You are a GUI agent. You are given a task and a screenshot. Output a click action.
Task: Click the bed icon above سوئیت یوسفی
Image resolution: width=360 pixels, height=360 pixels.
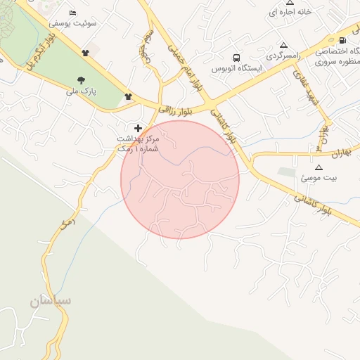click(x=73, y=13)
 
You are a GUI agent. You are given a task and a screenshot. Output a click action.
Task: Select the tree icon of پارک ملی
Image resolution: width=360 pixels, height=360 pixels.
click(x=82, y=80)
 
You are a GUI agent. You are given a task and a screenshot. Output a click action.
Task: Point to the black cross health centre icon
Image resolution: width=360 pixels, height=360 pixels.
click(x=138, y=128)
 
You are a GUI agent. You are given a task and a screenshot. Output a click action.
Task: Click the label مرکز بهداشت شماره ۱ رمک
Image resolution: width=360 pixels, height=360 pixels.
click(x=138, y=143)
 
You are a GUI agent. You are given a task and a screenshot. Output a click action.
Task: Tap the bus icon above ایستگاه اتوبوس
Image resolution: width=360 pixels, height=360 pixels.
click(x=236, y=58)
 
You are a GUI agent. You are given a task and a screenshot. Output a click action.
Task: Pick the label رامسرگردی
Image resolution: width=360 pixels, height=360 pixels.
click(x=283, y=54)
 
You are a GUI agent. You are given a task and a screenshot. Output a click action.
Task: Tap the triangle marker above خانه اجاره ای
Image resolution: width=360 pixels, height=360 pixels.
click(x=290, y=3)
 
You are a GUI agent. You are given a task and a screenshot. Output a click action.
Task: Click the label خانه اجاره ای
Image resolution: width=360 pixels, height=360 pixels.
click(x=290, y=13)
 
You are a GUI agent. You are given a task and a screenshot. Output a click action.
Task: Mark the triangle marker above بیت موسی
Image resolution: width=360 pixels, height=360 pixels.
click(x=319, y=167)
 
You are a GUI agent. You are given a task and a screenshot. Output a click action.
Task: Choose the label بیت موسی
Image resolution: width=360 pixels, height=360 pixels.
click(x=319, y=178)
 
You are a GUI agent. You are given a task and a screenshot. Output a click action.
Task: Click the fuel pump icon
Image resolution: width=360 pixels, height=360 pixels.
click(x=342, y=40)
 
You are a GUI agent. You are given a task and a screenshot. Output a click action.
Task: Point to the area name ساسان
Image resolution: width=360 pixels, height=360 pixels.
click(x=50, y=301)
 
